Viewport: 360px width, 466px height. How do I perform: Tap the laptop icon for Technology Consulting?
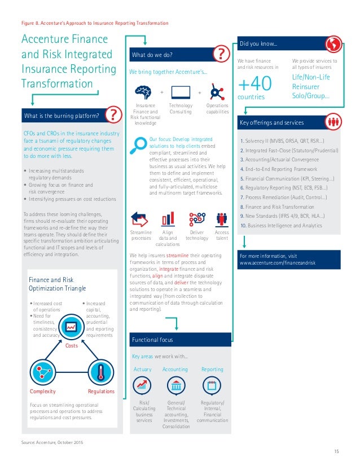(x=180, y=92)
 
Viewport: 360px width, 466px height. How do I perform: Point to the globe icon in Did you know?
(x=334, y=43)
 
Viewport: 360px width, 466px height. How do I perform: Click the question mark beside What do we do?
(x=220, y=55)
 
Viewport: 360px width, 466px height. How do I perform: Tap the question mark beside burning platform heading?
(x=115, y=116)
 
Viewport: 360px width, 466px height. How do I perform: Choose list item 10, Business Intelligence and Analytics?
(x=281, y=225)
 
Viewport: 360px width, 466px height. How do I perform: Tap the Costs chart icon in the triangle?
(x=72, y=327)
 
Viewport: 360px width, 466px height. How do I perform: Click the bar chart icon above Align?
(x=168, y=219)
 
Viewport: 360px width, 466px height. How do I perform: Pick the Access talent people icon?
(x=222, y=219)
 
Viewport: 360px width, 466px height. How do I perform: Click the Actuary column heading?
(x=142, y=369)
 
